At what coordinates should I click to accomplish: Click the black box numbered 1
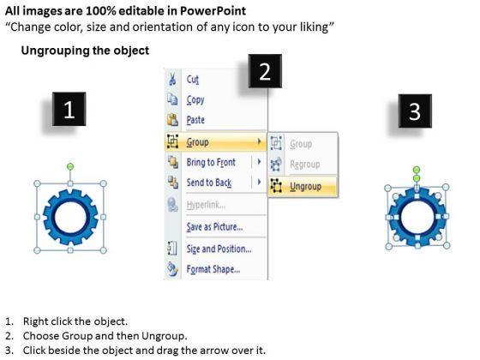point(69,109)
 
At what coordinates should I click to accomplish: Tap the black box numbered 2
point(265,71)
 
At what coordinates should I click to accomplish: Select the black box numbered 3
point(415,111)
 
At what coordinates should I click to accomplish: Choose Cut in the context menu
point(193,80)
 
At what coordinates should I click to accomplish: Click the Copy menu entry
point(195,99)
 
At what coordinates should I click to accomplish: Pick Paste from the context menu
point(195,120)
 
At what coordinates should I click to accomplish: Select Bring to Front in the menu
point(211,162)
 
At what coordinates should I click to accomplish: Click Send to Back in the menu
point(209,183)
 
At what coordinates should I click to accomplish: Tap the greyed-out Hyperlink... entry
point(206,205)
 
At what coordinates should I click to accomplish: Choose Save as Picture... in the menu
point(214,227)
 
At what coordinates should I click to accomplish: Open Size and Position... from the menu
point(219,249)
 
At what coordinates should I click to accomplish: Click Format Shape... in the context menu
point(213,269)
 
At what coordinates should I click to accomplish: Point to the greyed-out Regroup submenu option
point(305,165)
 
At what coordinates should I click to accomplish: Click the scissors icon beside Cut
point(172,79)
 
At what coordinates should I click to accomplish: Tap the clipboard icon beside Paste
point(172,119)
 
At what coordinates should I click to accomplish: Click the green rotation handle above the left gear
point(70,166)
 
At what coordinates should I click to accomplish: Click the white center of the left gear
point(70,217)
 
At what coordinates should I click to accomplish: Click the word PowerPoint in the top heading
point(213,11)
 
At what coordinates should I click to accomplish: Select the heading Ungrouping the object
point(85,51)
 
